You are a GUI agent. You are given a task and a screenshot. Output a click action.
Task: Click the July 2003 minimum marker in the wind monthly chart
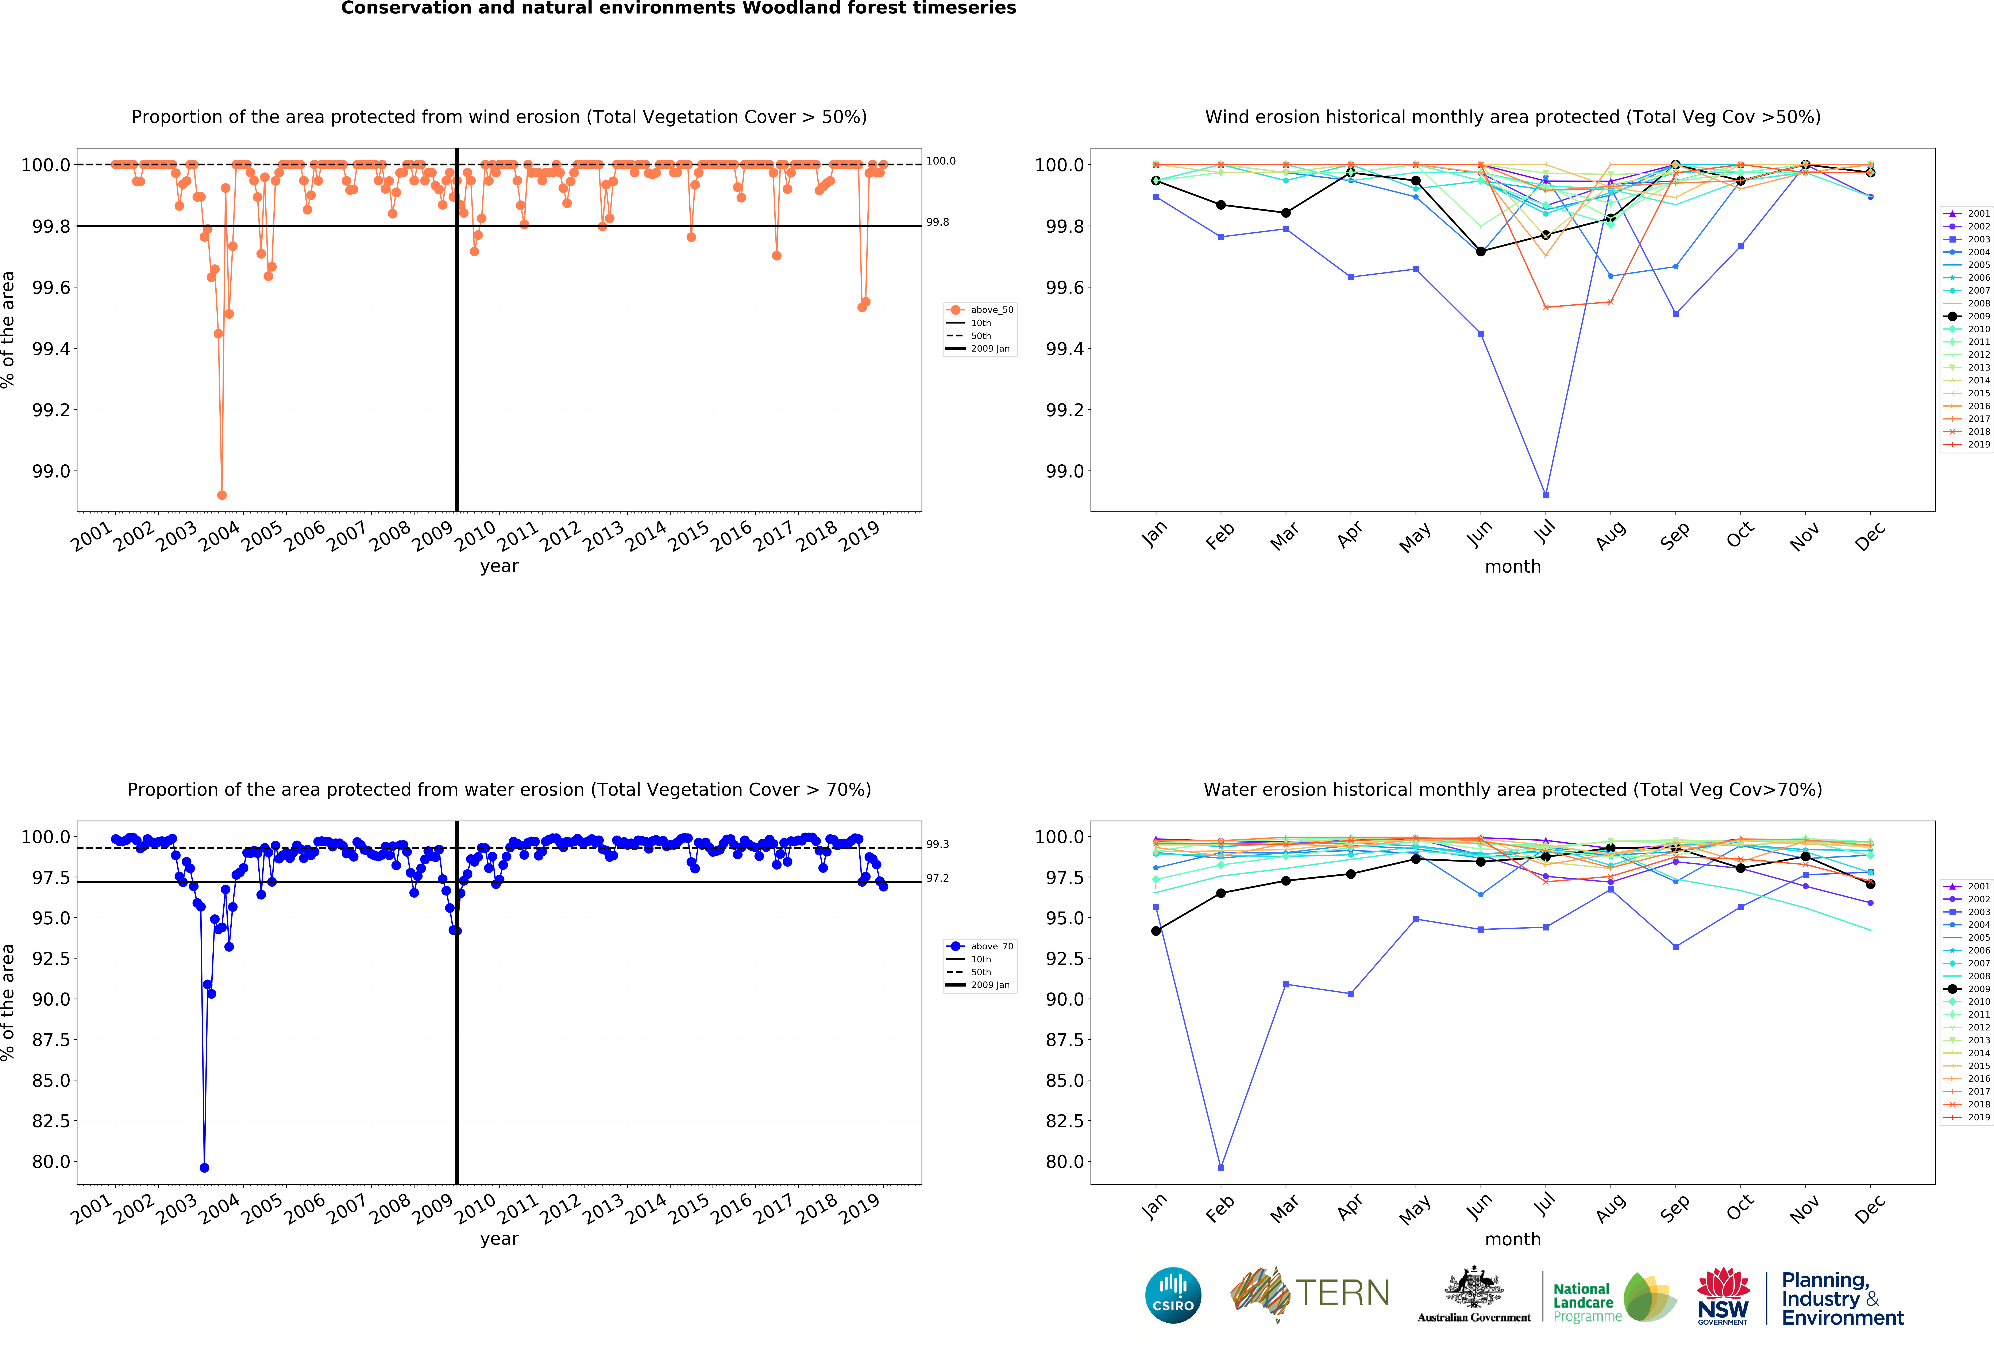coord(1545,495)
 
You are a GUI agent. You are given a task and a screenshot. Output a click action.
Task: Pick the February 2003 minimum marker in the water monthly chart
coord(1221,1168)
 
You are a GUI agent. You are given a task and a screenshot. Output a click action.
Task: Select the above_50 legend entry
coord(991,310)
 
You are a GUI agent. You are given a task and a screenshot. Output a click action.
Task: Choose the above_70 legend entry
coord(991,946)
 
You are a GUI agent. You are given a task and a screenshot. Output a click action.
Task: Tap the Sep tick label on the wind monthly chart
coord(1674,535)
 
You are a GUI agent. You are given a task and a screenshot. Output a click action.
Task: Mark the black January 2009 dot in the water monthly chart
coord(1156,931)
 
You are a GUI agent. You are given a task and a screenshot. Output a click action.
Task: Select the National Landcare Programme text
coord(1586,1302)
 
